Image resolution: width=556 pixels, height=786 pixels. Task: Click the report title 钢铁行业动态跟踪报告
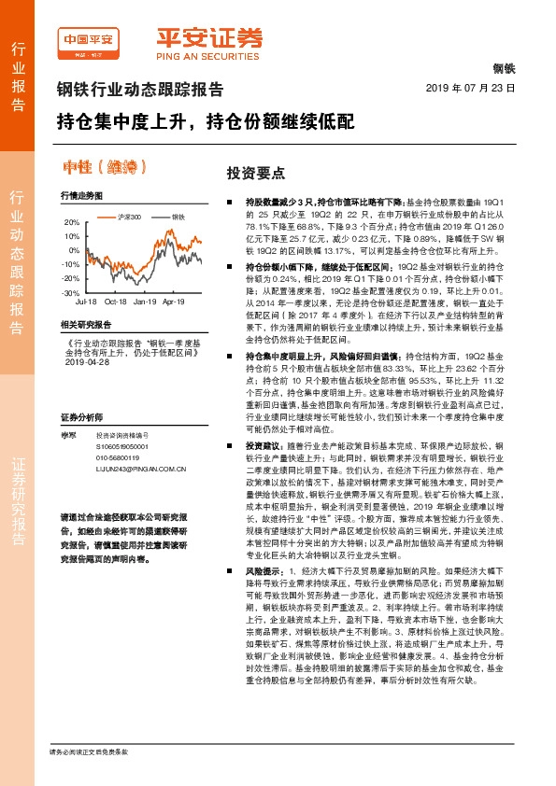[140, 91]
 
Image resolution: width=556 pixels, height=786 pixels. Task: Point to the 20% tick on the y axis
[72, 223]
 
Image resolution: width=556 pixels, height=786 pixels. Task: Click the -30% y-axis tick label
[71, 293]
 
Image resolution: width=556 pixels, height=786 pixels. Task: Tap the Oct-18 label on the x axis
[116, 302]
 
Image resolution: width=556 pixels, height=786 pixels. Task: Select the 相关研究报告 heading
[85, 324]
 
